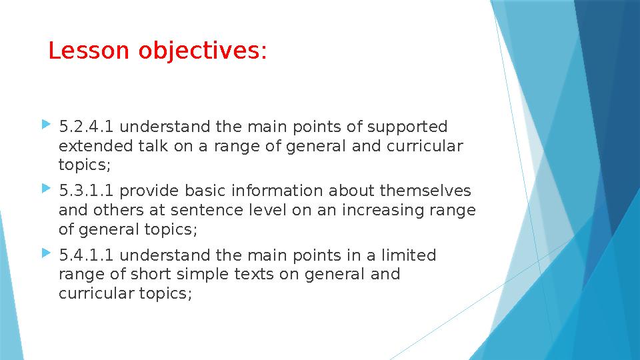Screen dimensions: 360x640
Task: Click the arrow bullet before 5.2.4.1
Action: tap(45, 125)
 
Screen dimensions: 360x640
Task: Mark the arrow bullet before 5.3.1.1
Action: tap(45, 190)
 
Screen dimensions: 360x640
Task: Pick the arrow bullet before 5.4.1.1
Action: tap(45, 255)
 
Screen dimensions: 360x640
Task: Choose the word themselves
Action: tap(425, 191)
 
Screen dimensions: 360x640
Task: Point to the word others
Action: tap(112, 211)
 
